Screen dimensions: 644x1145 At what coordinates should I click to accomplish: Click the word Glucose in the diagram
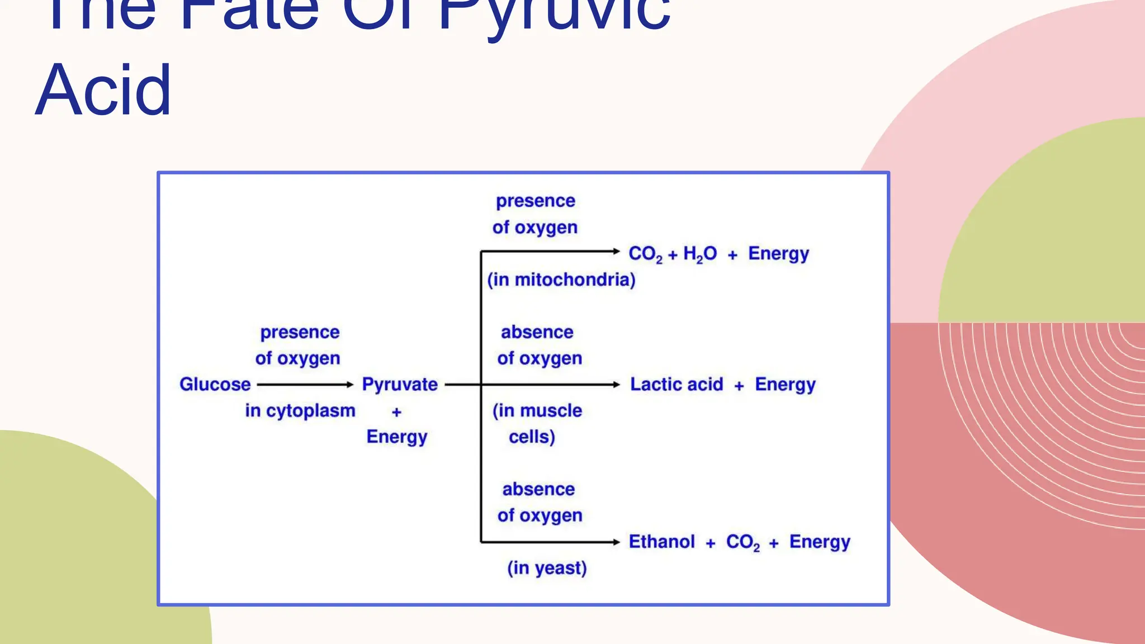tap(215, 385)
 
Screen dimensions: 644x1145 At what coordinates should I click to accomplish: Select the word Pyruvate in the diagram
tap(400, 385)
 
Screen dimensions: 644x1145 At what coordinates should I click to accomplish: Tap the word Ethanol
tap(661, 542)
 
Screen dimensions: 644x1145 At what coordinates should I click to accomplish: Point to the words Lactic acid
tap(676, 385)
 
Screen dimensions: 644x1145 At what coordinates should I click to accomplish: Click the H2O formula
tap(699, 254)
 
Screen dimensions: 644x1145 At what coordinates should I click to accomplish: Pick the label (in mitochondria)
tap(561, 280)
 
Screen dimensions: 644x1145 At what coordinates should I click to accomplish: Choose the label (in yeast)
tap(547, 568)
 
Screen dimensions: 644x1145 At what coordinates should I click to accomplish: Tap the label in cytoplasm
tap(300, 411)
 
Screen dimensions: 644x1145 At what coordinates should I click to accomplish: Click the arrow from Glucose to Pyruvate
tap(305, 385)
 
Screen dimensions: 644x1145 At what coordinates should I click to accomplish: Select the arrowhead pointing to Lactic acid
tap(616, 385)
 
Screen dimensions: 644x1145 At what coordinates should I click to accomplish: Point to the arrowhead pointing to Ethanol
tap(616, 542)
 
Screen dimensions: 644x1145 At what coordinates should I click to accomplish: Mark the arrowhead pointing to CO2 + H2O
tap(616, 252)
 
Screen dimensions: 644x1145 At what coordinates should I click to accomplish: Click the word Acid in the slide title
tap(103, 91)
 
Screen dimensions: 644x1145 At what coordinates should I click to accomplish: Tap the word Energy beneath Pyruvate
tap(397, 437)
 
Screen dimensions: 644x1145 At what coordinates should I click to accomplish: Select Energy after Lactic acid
tap(785, 385)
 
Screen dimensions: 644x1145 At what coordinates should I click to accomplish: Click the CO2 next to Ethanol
tap(742, 542)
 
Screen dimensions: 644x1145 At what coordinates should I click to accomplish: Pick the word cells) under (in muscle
tap(532, 437)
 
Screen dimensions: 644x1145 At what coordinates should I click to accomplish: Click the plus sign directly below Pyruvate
tap(397, 412)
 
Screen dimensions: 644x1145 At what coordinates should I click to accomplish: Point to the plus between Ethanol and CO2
tap(711, 543)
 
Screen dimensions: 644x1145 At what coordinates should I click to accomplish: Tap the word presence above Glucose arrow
tap(300, 332)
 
